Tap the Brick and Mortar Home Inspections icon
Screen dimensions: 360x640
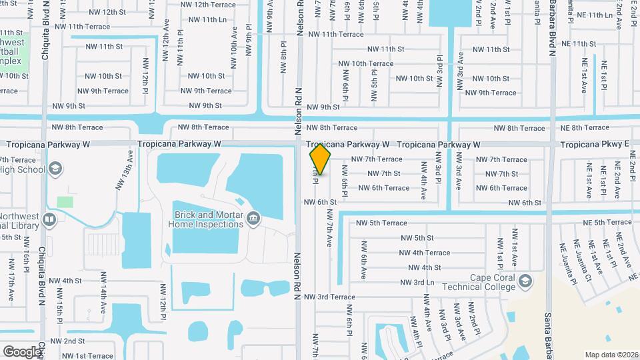(253, 218)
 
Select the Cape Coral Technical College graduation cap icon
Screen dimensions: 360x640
(525, 280)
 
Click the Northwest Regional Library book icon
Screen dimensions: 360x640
(49, 219)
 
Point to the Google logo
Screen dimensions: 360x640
(21, 351)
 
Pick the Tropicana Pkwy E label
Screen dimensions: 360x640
(595, 144)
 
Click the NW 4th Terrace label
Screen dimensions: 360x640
(424, 253)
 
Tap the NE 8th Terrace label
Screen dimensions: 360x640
(585, 127)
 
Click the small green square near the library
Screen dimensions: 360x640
(65, 201)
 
